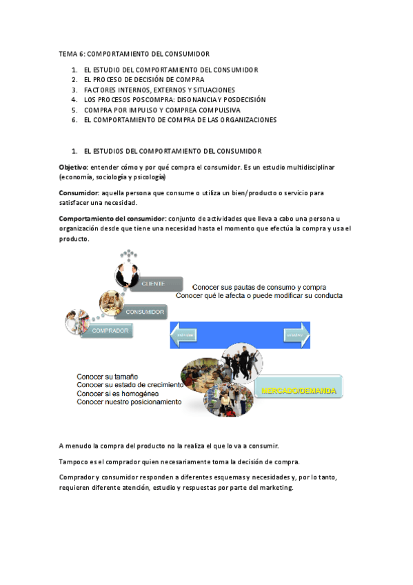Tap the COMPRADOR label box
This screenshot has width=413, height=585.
click(x=108, y=332)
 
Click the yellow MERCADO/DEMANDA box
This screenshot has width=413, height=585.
click(x=299, y=391)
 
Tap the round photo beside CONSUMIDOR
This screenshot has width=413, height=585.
click(x=112, y=301)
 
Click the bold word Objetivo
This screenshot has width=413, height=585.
click(x=72, y=167)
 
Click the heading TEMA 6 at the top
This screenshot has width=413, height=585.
click(x=72, y=53)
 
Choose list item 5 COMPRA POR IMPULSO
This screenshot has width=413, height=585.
click(x=162, y=110)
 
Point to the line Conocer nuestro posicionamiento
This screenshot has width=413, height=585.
click(x=130, y=401)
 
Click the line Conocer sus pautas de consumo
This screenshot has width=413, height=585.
click(x=259, y=287)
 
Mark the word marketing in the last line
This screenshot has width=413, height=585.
click(x=274, y=487)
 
